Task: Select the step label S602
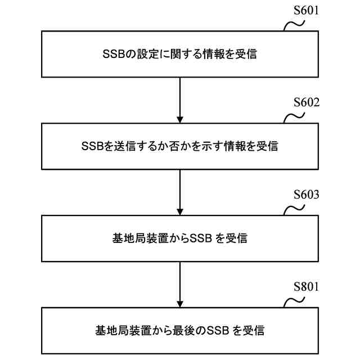tap(307, 103)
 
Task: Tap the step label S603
tap(307, 196)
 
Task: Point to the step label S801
tap(307, 288)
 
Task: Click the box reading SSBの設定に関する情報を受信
tap(180, 54)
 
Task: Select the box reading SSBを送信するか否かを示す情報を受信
tap(180, 146)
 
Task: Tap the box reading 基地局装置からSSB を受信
tap(180, 238)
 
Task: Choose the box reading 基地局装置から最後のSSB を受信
tap(180, 330)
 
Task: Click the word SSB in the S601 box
tap(112, 55)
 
